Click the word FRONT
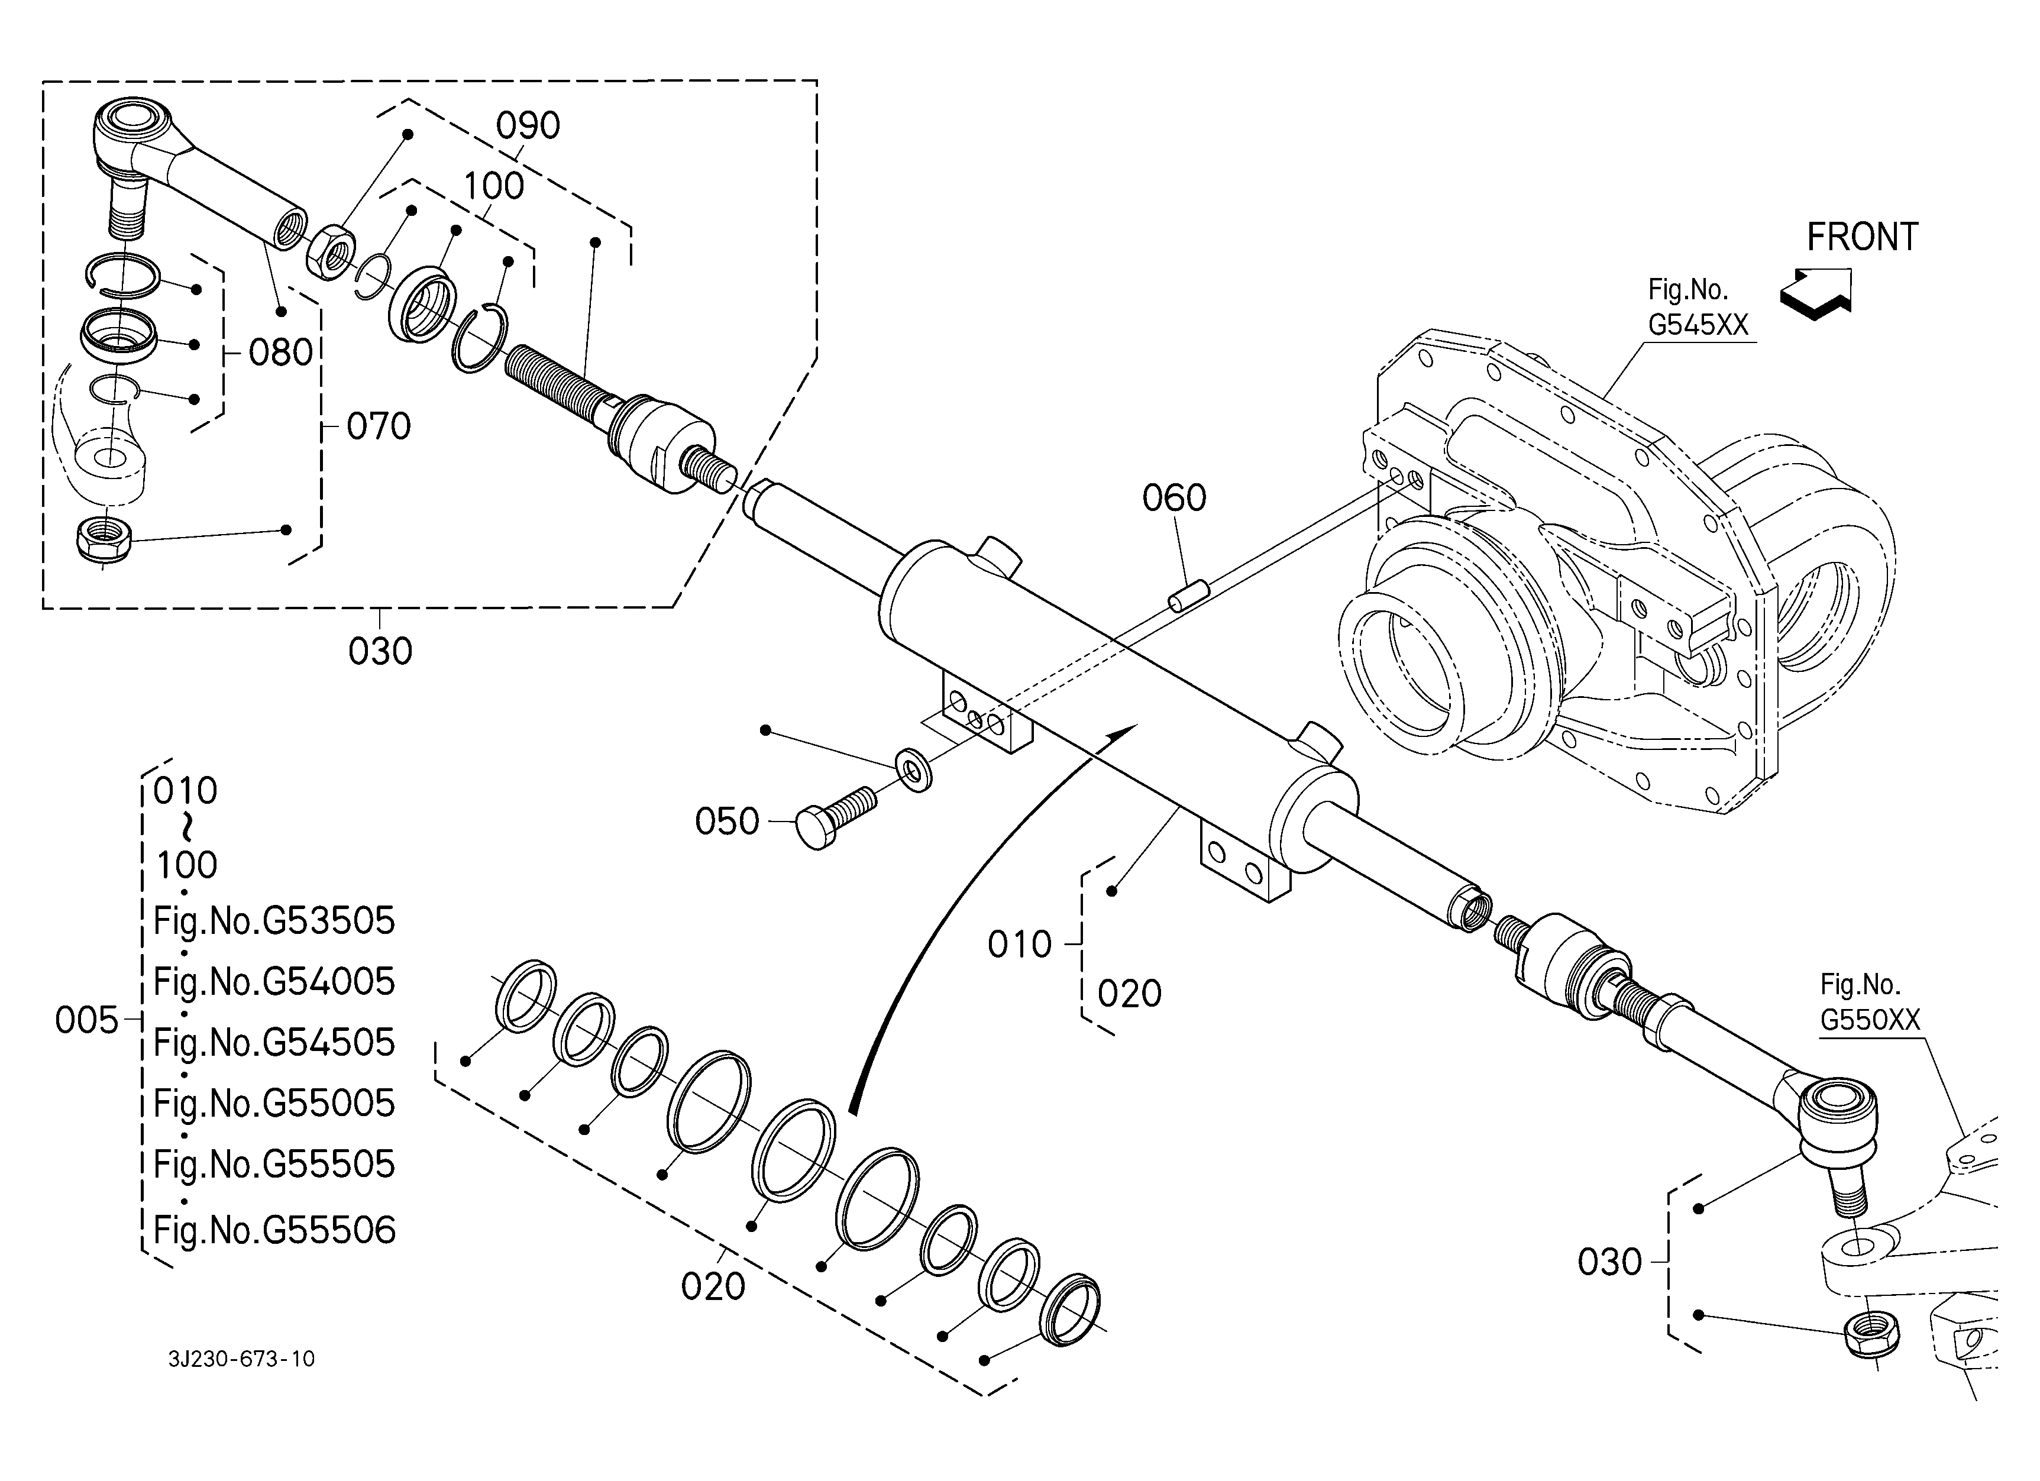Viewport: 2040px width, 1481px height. (1862, 237)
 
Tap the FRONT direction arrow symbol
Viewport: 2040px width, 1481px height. (1815, 293)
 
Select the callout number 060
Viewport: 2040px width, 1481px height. (1174, 498)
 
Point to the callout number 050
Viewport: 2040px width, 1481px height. (727, 822)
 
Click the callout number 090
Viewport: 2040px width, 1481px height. (528, 126)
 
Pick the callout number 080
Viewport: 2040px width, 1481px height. (280, 353)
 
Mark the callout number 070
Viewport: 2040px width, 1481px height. (379, 426)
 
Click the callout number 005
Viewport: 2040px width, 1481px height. (86, 1021)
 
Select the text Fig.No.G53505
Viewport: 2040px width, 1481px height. (274, 921)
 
